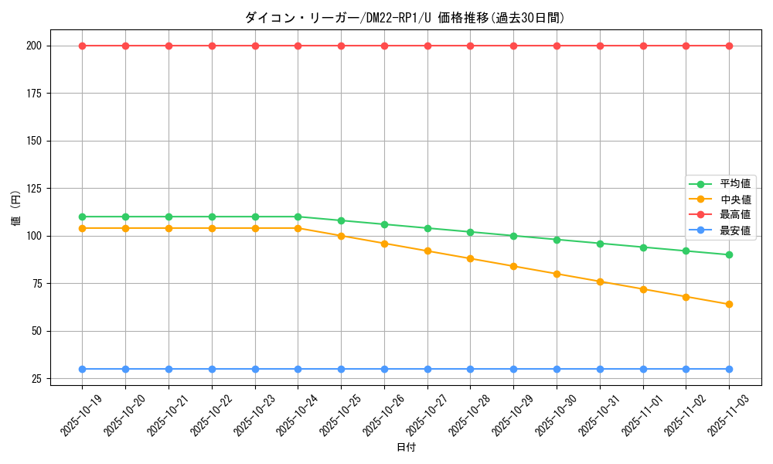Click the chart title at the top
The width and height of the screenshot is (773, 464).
coord(404,18)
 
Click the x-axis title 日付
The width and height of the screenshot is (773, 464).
coord(406,448)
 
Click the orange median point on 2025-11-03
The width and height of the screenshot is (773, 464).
coord(729,304)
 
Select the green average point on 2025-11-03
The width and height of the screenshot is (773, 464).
coord(729,254)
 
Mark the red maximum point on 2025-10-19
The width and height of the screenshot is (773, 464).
coord(82,46)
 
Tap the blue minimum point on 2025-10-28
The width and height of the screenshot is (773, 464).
coord(470,369)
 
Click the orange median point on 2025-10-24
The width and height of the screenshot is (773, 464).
coord(298,228)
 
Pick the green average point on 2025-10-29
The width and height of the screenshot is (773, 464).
coord(513,236)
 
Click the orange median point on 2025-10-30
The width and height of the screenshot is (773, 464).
coord(557,274)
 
